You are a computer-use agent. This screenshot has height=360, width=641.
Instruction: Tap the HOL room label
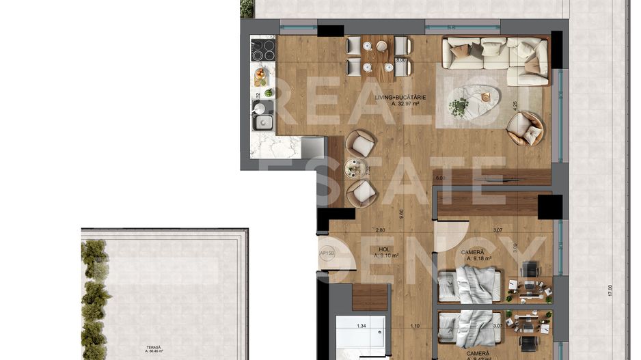[384, 250]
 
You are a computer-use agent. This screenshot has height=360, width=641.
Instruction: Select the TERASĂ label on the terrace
[153, 348]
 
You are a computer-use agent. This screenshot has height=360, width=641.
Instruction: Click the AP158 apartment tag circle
[328, 253]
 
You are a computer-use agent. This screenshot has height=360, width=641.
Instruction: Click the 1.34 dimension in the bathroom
[362, 326]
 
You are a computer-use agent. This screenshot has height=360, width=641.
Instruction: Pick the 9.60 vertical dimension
[401, 212]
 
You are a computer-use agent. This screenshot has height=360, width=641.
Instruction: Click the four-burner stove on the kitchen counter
[263, 50]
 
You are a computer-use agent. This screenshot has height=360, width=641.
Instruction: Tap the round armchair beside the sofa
[526, 128]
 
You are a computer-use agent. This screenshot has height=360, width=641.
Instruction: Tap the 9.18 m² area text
[479, 259]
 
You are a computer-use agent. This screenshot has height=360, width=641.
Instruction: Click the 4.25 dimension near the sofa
[515, 108]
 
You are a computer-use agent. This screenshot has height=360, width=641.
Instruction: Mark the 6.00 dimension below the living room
[440, 178]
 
